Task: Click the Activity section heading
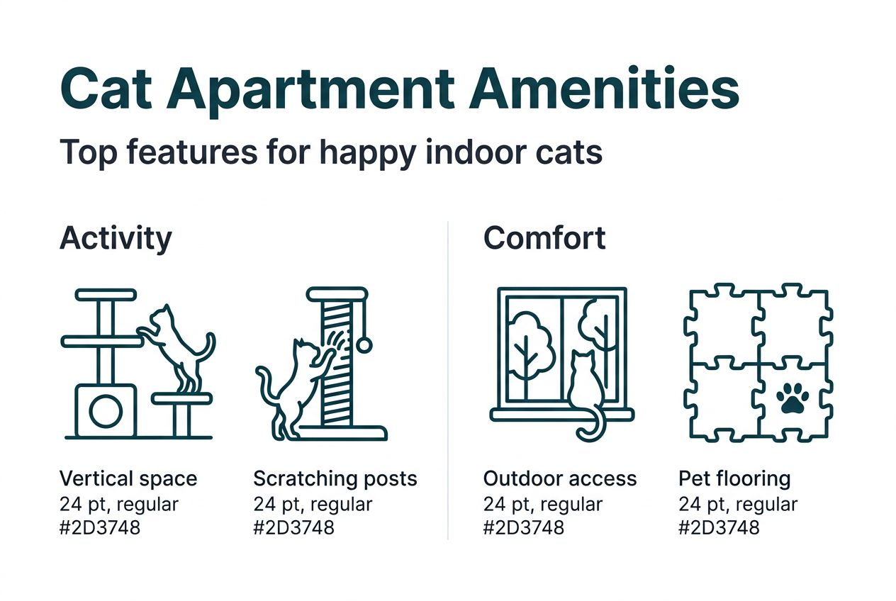(116, 238)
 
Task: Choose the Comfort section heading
(544, 238)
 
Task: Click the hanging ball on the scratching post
(364, 345)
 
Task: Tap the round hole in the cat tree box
(105, 411)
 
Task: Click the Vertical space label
(128, 479)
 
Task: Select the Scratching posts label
(335, 479)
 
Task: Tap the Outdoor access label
(560, 479)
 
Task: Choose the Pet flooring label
(734, 479)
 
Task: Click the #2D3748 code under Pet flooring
(719, 527)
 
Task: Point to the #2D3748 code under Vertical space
(100, 527)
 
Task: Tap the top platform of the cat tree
(105, 294)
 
